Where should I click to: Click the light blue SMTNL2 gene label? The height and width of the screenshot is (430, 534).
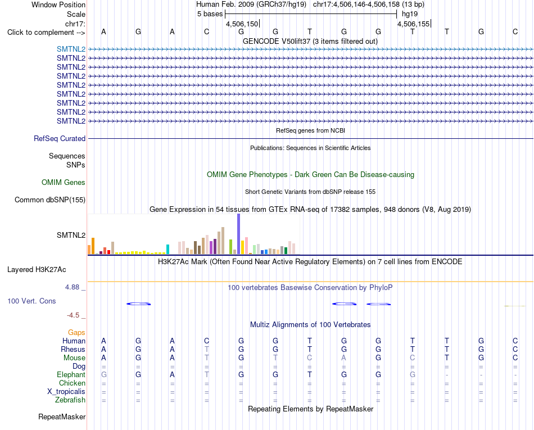(x=71, y=49)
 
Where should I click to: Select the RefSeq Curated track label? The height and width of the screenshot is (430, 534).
(x=60, y=139)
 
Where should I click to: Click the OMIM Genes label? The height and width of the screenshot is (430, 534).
(x=64, y=182)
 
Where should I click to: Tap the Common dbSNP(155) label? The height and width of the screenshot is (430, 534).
(x=50, y=200)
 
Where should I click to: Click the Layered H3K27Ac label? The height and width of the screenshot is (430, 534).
(x=37, y=270)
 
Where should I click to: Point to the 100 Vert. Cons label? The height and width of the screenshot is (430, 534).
(x=31, y=301)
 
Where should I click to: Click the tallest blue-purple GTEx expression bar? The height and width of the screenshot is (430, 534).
(x=239, y=234)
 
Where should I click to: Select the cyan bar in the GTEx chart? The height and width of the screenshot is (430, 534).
(x=168, y=249)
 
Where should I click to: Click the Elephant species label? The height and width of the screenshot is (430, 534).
(x=71, y=374)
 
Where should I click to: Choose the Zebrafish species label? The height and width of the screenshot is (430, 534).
(x=70, y=400)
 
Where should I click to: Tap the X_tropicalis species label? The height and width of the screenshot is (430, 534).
(x=66, y=392)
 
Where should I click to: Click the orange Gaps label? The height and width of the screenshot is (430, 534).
(x=76, y=332)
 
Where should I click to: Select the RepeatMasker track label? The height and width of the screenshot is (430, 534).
(x=62, y=417)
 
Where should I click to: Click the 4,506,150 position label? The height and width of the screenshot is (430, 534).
(x=242, y=24)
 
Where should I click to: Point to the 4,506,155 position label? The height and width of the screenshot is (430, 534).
(x=414, y=24)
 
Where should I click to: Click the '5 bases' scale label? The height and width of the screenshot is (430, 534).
(x=210, y=14)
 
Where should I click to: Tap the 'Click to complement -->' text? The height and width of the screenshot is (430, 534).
(x=46, y=33)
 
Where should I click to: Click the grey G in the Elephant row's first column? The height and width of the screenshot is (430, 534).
(x=104, y=374)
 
